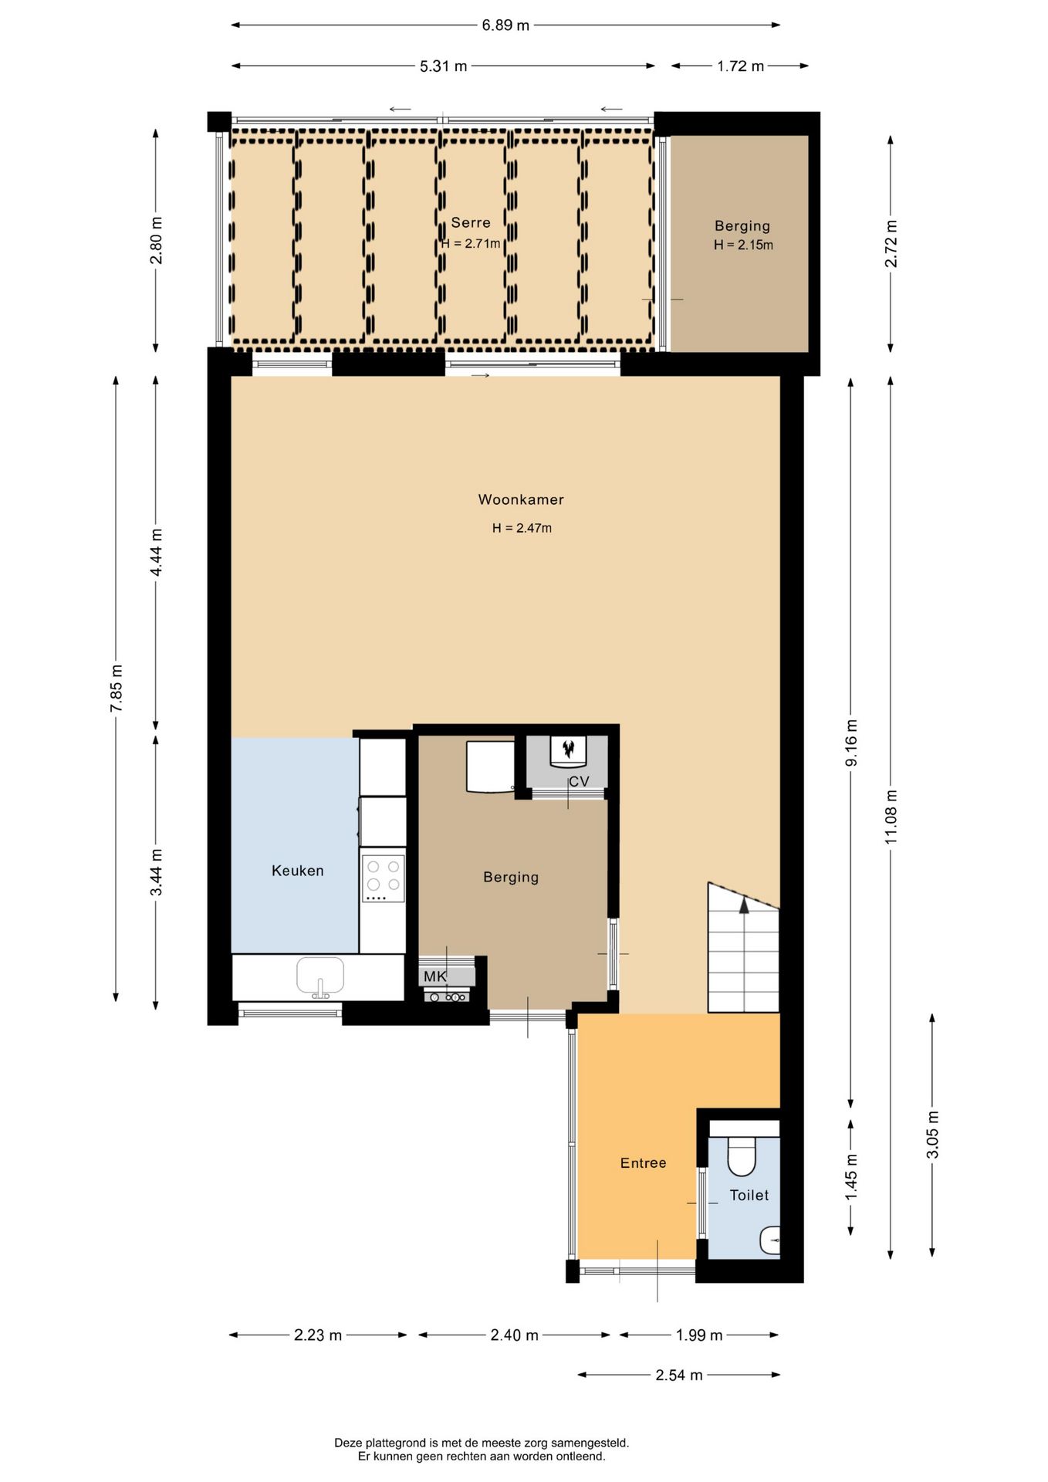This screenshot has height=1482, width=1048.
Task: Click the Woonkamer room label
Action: click(x=521, y=499)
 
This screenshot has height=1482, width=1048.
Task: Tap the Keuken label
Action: click(x=298, y=871)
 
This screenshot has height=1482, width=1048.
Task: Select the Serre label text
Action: click(x=471, y=222)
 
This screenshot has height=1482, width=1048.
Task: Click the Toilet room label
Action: click(x=749, y=1195)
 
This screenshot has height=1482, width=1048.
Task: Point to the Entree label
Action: click(x=644, y=1162)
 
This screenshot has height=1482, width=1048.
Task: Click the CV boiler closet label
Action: click(x=579, y=781)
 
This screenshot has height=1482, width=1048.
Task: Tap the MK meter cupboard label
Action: click(x=435, y=976)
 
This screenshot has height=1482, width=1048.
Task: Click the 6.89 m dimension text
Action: click(x=505, y=25)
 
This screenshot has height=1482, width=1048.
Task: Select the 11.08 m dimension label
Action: click(x=891, y=816)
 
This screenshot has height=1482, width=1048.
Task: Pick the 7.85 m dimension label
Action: click(x=116, y=689)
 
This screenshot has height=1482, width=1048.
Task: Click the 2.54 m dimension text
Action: click(x=679, y=1375)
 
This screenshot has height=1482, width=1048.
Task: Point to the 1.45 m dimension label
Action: click(x=851, y=1177)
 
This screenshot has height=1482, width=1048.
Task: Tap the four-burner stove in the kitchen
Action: click(x=383, y=877)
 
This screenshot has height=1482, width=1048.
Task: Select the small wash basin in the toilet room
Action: click(x=770, y=1240)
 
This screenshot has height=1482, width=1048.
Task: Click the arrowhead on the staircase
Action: click(x=744, y=905)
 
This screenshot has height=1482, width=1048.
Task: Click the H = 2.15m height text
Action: click(x=743, y=245)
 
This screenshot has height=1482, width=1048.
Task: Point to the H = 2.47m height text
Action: click(x=522, y=528)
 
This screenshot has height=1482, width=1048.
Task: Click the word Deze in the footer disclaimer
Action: click(x=348, y=1443)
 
